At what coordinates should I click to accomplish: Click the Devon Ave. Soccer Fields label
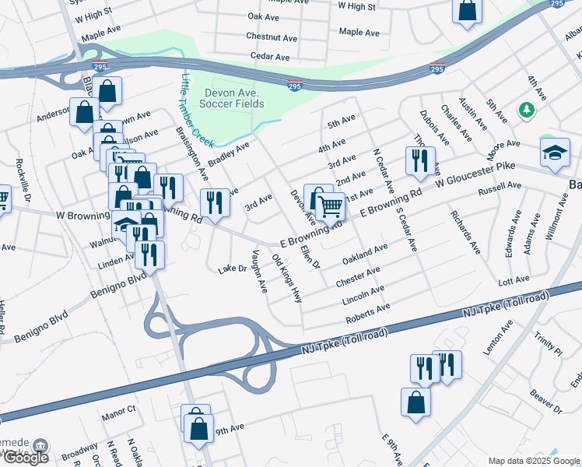(232, 97)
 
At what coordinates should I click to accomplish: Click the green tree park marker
(526, 110)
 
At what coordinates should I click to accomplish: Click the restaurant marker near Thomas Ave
(420, 160)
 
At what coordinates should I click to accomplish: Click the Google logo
(25, 458)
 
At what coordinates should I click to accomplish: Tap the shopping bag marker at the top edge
(468, 11)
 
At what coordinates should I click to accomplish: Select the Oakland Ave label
(365, 254)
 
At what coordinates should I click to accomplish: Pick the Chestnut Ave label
(272, 37)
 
